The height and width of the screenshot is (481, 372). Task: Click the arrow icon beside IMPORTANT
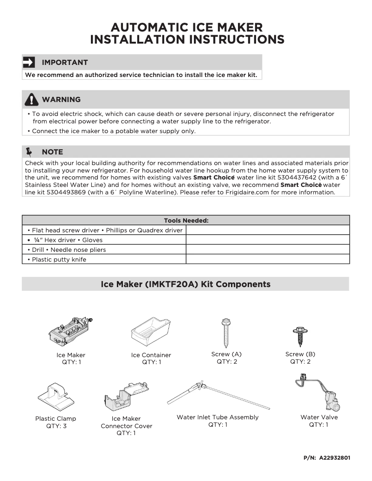pyautogui.click(x=29, y=62)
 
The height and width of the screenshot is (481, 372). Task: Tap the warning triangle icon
pyautogui.click(x=31, y=99)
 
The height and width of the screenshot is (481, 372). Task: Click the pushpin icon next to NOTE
pyautogui.click(x=30, y=152)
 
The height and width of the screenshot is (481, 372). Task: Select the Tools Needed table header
pyautogui.click(x=186, y=220)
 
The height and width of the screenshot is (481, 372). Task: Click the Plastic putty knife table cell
pyautogui.click(x=104, y=259)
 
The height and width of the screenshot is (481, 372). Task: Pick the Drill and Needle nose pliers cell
pyautogui.click(x=104, y=250)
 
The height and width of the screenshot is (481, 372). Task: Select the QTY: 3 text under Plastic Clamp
pyautogui.click(x=56, y=426)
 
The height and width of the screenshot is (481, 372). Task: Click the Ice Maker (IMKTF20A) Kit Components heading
pyautogui.click(x=186, y=284)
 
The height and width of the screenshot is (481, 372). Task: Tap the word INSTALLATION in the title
pyautogui.click(x=139, y=40)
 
